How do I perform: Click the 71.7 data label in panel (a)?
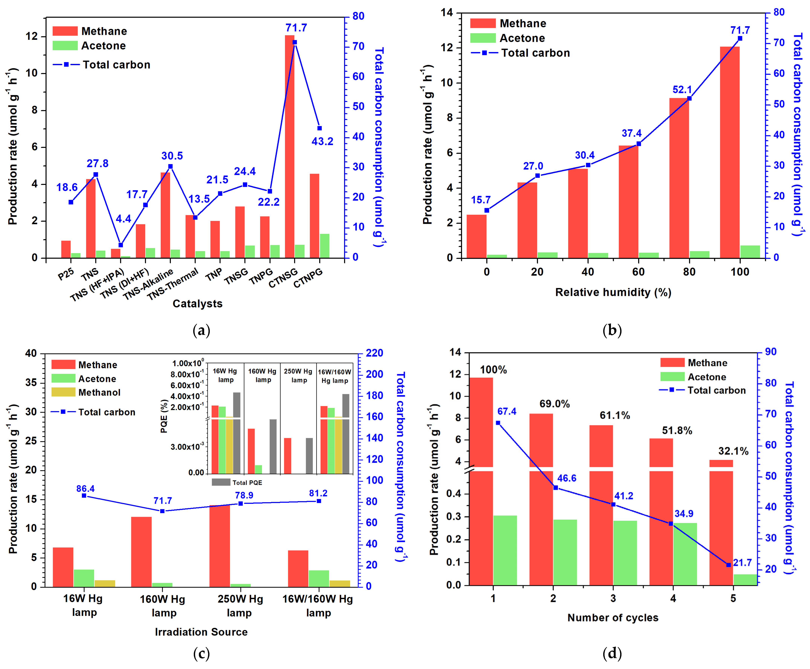click(x=296, y=28)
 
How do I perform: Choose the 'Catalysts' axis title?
click(x=197, y=304)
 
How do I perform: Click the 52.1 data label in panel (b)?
click(x=682, y=90)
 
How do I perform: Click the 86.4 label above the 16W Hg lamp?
click(x=85, y=489)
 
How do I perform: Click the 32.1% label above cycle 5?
click(x=733, y=451)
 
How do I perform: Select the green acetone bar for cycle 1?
click(x=505, y=550)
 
